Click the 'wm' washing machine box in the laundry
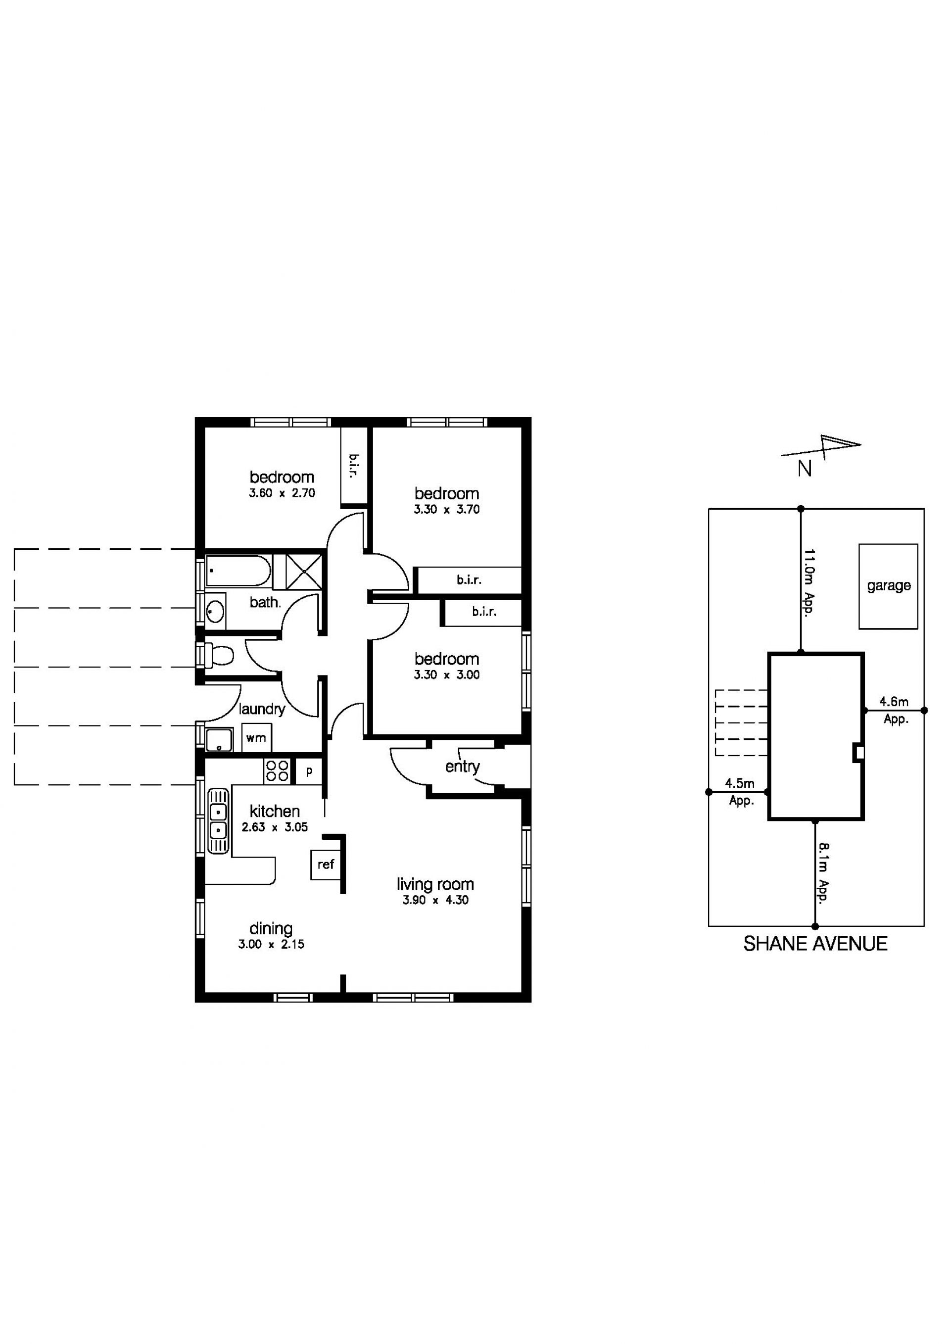tap(256, 739)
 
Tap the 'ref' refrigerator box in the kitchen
tap(326, 864)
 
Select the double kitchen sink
tap(218, 821)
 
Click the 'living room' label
tap(435, 884)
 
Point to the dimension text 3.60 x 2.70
tap(282, 493)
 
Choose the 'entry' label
tap(463, 767)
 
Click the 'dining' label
tap(271, 928)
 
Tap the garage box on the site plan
tap(888, 586)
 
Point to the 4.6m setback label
tap(894, 702)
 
